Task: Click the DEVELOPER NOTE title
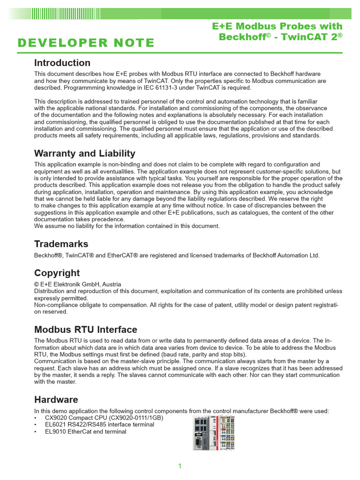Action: click(86, 43)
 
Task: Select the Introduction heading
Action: click(62, 63)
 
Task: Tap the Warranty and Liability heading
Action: click(85, 153)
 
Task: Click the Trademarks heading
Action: click(61, 244)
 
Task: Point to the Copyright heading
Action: click(57, 273)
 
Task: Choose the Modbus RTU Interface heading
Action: click(86, 330)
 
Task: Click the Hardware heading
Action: click(56, 399)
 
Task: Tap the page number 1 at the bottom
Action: click(180, 466)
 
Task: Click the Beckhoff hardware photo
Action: click(214, 432)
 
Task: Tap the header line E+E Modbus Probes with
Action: click(277, 26)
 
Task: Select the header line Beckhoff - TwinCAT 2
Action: click(280, 37)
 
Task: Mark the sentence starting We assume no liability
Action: click(127, 226)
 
